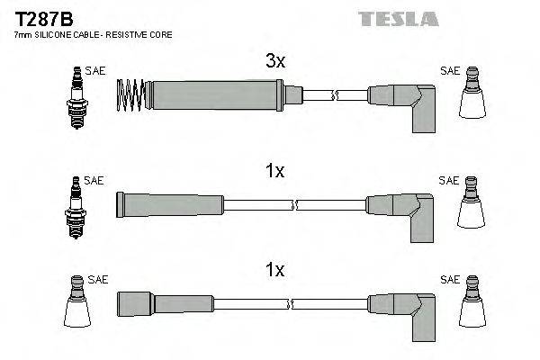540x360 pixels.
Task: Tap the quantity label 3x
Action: tap(275, 62)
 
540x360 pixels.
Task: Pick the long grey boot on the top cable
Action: tap(216, 93)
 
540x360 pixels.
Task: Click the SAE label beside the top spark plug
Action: tap(94, 69)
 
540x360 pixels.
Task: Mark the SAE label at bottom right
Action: tap(448, 280)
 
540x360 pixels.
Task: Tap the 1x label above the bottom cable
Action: tap(275, 270)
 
